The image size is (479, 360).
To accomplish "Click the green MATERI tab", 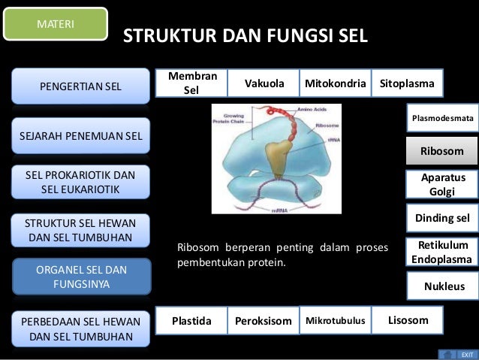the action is [x=56, y=23].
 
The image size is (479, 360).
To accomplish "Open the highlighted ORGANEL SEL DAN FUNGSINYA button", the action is [x=81, y=277].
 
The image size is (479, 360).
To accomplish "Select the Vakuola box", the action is [x=264, y=83].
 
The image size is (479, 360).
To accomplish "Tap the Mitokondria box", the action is [x=335, y=83].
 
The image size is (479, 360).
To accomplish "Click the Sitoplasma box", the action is [x=406, y=83].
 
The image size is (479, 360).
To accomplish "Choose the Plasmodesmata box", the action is [x=441, y=119].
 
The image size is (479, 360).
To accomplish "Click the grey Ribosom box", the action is [x=441, y=152].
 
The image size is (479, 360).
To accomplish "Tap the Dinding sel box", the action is [x=441, y=218].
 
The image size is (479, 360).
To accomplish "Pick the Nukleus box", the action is [x=444, y=286].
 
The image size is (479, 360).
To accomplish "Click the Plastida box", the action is [x=191, y=321].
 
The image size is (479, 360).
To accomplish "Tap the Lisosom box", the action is [x=407, y=320].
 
